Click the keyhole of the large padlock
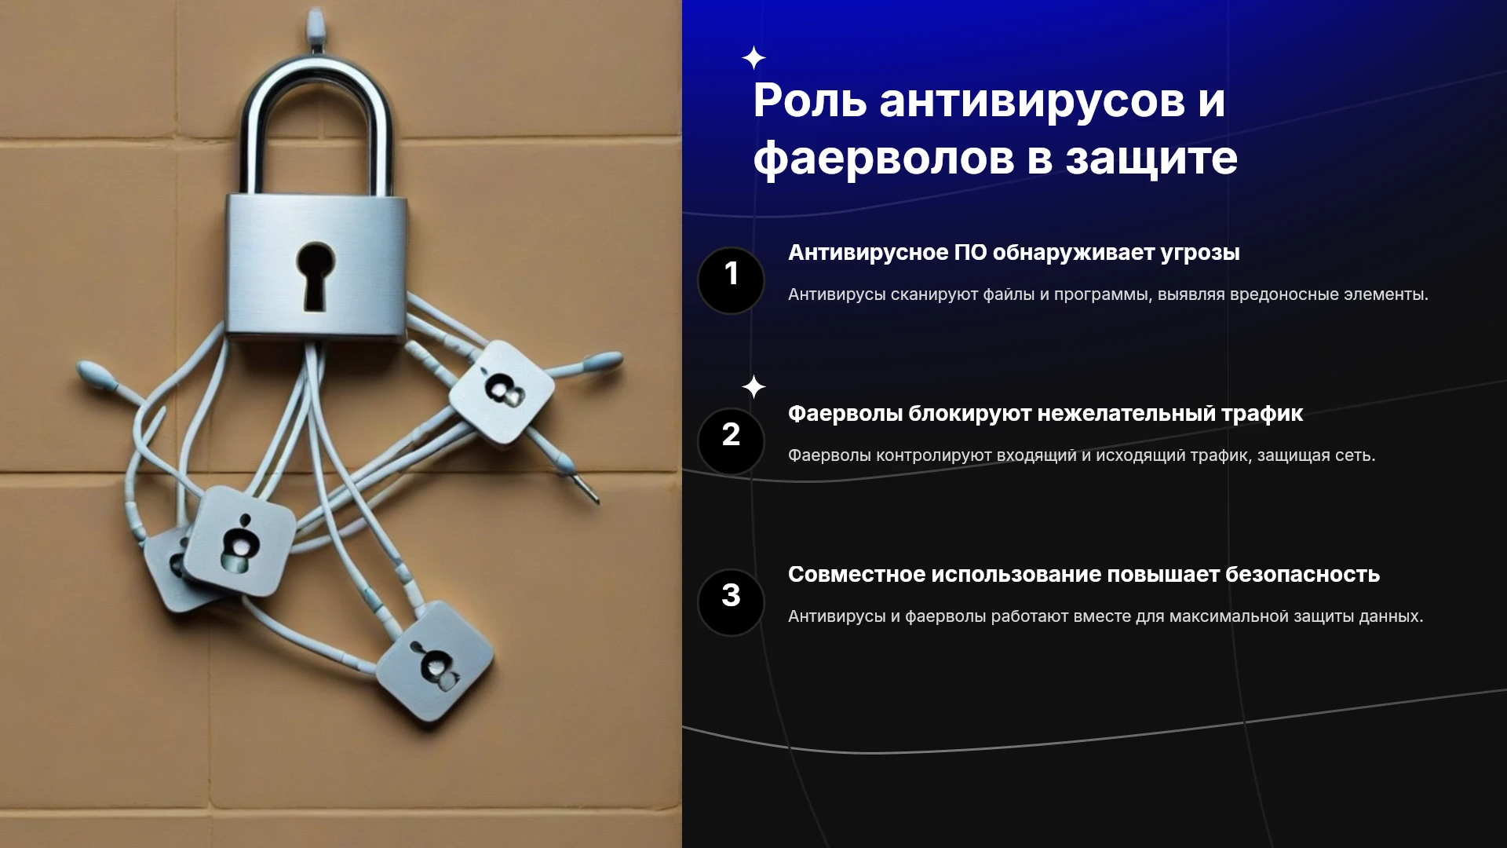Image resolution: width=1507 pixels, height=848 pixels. pos(315,275)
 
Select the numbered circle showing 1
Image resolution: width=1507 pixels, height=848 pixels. pos(731,280)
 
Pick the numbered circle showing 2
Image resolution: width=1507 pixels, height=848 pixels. pos(731,441)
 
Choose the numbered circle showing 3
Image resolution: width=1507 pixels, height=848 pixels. pos(731,602)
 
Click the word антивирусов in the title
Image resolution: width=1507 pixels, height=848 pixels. pos(1031,101)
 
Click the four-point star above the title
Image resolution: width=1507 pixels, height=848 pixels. pos(753,58)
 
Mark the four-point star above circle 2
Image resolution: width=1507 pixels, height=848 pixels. pos(753,387)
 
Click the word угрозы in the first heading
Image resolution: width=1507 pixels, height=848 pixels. pos(1200,254)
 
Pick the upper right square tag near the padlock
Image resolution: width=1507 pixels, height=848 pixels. pos(502,391)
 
